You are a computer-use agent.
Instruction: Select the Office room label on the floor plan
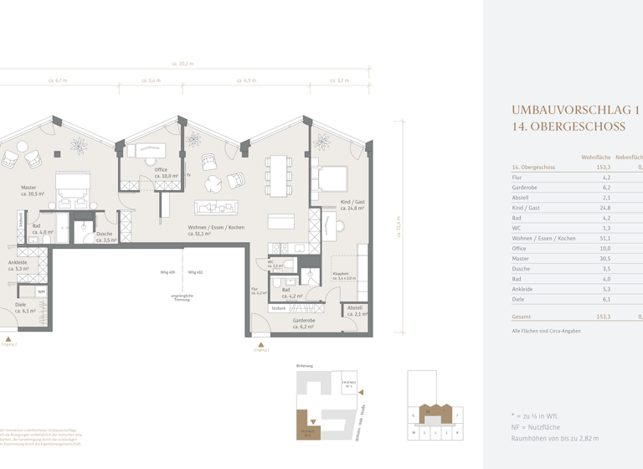(x=161, y=173)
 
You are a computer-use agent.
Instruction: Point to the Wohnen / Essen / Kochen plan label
(x=215, y=227)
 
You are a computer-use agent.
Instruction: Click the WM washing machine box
(x=41, y=291)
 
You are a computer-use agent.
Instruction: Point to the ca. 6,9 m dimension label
(x=249, y=81)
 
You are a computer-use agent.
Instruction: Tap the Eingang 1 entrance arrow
(x=261, y=344)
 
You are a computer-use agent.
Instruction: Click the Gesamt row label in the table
(x=522, y=317)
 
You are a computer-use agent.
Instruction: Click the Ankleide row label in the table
(x=524, y=289)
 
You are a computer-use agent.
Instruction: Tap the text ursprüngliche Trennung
(x=183, y=298)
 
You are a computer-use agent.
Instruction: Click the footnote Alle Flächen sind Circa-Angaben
(x=546, y=331)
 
